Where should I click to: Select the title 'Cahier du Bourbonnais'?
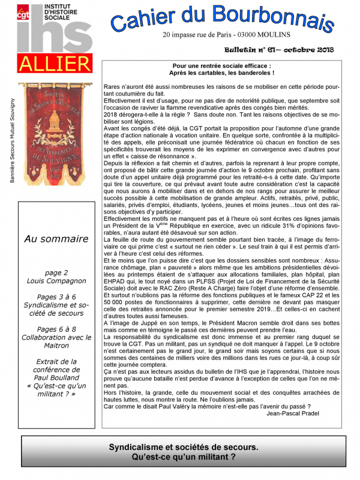[x=222, y=18]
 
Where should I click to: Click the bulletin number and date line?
[x=279, y=50]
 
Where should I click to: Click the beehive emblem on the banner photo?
[x=54, y=120]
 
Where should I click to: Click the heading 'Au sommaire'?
[x=56, y=239]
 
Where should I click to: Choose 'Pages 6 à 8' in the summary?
[x=56, y=329]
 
